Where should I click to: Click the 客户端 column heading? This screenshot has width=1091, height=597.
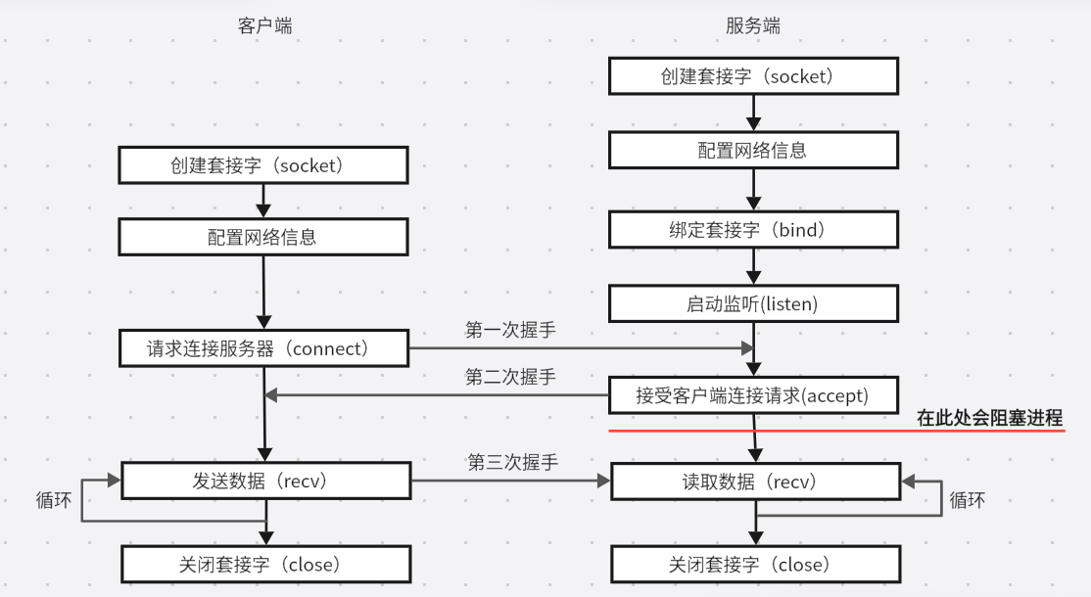coord(264,26)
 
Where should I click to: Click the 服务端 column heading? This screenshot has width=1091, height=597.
coord(753,26)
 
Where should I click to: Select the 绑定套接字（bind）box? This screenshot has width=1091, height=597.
coord(753,231)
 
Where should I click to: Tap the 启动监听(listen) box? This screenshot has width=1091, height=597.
coord(753,304)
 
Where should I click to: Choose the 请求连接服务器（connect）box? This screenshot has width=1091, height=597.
coord(263,348)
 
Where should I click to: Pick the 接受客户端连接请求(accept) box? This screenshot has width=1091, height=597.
coord(753,395)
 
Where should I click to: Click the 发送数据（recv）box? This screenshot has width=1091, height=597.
coord(264,481)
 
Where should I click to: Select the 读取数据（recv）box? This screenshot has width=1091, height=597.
coord(754,481)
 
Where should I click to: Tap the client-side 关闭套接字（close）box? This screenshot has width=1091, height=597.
coord(264,565)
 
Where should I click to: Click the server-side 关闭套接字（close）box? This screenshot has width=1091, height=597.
coord(754,565)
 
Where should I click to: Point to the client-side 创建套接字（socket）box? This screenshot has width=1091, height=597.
coord(263,164)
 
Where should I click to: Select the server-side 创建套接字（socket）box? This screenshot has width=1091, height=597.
coord(753,76)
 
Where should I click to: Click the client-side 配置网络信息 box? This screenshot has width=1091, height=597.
coord(263,237)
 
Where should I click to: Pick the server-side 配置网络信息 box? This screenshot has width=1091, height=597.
coord(753,150)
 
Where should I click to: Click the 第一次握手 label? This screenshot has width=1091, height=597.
coord(510,330)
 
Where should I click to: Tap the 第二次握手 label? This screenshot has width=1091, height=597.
coord(510,377)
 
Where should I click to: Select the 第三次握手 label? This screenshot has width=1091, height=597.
coord(512,462)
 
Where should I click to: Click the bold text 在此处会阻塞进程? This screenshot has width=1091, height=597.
coord(989,419)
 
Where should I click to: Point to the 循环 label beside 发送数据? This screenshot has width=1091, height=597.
coord(53,500)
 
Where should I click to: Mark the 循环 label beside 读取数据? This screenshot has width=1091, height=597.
coord(968,500)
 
